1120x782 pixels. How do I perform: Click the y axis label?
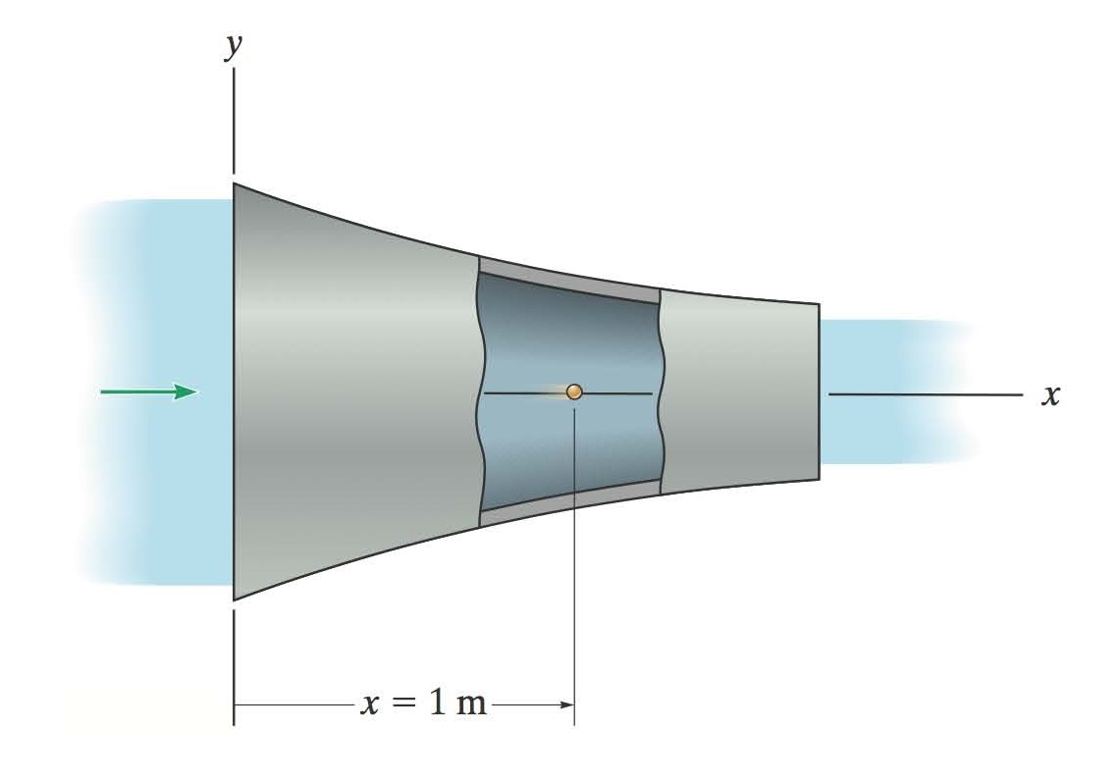[233, 46]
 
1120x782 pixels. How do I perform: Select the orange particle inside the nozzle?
[574, 391]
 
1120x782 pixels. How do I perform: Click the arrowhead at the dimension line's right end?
[566, 704]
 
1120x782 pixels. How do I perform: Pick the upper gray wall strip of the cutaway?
[569, 281]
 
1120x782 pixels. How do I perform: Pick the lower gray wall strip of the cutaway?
[569, 503]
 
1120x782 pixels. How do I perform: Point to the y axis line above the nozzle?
[234, 118]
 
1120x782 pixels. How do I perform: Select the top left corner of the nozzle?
[234, 183]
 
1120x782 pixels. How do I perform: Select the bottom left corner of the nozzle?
[234, 599]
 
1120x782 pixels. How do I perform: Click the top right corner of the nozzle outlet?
[818, 304]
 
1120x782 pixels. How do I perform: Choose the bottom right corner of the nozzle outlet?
[818, 480]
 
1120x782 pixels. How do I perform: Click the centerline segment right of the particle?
[618, 393]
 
